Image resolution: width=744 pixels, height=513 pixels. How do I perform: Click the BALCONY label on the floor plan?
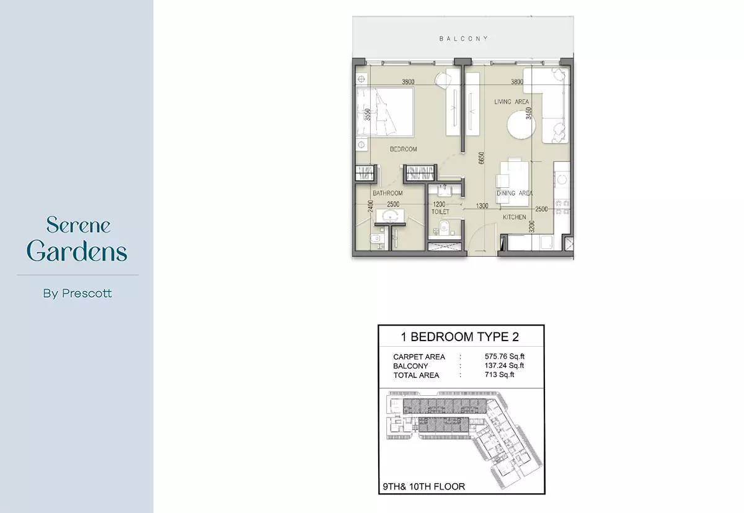click(x=464, y=38)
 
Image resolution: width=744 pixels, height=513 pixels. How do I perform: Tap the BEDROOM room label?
click(x=403, y=149)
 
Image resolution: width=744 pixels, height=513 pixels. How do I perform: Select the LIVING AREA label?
click(x=511, y=102)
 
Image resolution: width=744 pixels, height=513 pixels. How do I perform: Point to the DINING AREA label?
click(x=515, y=193)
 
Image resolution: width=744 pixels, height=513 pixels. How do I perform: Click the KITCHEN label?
click(x=515, y=217)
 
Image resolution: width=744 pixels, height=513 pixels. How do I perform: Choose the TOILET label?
click(x=440, y=212)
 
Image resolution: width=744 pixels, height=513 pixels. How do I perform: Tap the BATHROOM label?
click(x=387, y=193)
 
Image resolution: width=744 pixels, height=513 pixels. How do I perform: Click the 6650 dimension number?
click(x=482, y=158)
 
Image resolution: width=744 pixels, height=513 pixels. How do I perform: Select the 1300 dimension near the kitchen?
click(x=482, y=206)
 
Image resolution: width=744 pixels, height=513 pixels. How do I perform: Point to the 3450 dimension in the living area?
click(x=528, y=114)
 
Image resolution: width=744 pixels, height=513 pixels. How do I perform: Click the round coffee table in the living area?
click(x=521, y=125)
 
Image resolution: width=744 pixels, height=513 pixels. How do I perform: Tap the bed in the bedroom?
click(x=385, y=112)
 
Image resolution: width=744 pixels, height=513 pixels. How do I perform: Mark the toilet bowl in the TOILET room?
click(x=444, y=227)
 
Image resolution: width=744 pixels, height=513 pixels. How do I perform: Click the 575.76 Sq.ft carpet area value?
click(x=505, y=357)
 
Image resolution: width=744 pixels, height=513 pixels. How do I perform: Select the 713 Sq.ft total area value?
click(x=500, y=375)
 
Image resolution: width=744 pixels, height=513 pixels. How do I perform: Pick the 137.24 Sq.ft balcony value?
click(x=504, y=365)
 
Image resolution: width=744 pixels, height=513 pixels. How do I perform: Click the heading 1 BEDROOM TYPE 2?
click(x=459, y=337)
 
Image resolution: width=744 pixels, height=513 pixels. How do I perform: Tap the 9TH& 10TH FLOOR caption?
click(x=424, y=487)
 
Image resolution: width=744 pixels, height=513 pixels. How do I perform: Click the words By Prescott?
click(x=77, y=293)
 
